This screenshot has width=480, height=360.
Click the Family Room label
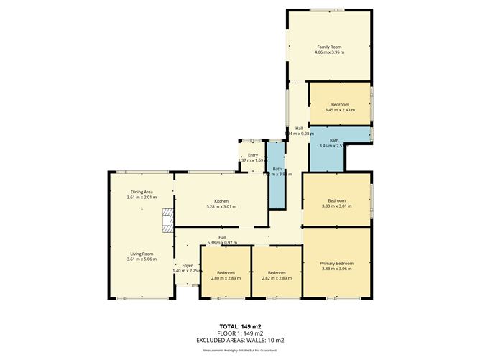click(329, 47)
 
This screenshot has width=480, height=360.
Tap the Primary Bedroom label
click(336, 264)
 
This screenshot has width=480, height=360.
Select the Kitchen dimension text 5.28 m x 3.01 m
click(221, 207)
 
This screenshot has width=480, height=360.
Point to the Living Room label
click(141, 253)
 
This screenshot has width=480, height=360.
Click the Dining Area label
click(141, 192)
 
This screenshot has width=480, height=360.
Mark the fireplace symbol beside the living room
click(167, 220)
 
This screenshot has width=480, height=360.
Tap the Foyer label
click(188, 265)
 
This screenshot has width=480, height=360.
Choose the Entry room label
click(252, 155)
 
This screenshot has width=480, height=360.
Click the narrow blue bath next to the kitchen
click(277, 172)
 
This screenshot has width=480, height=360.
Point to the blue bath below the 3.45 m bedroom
click(335, 142)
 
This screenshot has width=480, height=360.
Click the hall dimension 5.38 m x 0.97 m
click(222, 241)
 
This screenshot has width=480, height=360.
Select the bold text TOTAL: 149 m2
click(240, 327)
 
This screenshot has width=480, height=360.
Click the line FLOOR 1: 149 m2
click(240, 333)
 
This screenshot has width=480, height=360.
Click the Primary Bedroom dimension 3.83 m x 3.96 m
click(336, 269)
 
